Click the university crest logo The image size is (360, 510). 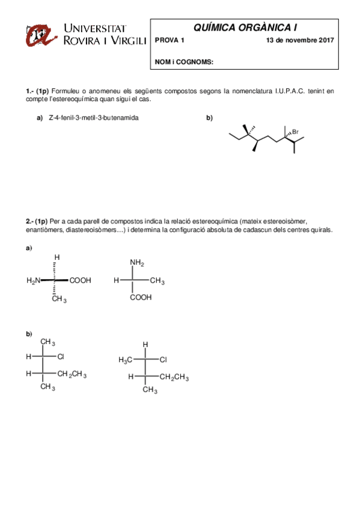click(41, 35)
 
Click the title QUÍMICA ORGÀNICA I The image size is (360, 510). click(245, 27)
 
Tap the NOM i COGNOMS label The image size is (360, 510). click(184, 62)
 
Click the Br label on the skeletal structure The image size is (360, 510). click(295, 132)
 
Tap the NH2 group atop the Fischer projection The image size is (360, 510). click(137, 263)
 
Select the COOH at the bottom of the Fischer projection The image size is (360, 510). click(141, 297)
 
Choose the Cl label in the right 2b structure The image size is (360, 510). click(163, 360)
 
